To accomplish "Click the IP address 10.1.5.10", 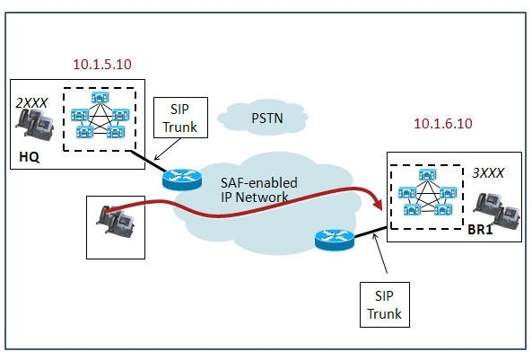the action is [102, 64].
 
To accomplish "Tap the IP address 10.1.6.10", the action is [443, 123].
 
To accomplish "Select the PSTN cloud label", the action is [267, 119].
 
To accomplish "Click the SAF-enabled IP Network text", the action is [259, 189].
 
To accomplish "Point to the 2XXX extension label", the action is [31, 103].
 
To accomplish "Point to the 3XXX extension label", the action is [488, 173].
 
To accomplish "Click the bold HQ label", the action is [30, 157].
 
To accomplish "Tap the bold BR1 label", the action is [480, 230].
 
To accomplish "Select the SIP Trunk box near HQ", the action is [180, 118].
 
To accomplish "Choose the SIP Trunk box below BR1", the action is [384, 304].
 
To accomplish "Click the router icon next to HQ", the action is [182, 179].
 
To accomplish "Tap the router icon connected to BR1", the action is [335, 240].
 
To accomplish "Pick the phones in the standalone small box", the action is [115, 220].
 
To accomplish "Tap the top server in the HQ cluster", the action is [100, 98].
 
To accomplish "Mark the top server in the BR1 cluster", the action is [428, 175].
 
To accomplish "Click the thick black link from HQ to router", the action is [149, 161].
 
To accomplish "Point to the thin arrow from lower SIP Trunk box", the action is [380, 253].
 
